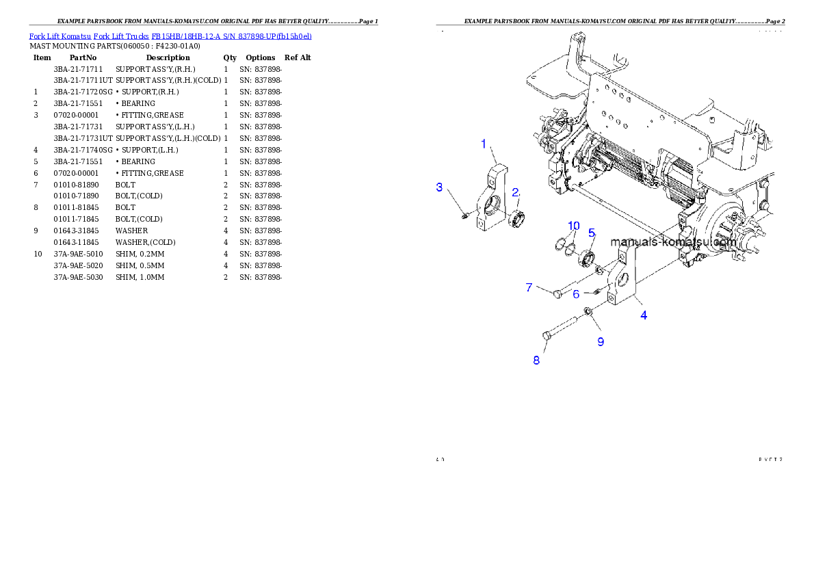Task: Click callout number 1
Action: tap(484, 144)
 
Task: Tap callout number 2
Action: tap(516, 192)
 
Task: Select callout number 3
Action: tap(440, 187)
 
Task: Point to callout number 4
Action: tap(644, 315)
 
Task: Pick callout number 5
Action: tap(592, 233)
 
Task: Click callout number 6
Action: tap(576, 293)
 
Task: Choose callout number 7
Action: tap(529, 287)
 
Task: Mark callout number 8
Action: tap(536, 360)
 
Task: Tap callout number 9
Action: tap(601, 341)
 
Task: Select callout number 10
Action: tap(573, 226)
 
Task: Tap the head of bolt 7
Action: tap(557, 293)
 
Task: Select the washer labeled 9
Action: tap(588, 313)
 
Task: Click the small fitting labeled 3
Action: tap(465, 216)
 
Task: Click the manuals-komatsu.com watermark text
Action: tap(672, 241)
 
